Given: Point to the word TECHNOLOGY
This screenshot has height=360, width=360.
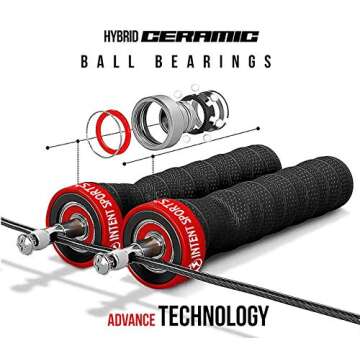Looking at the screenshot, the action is tap(217, 319).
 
